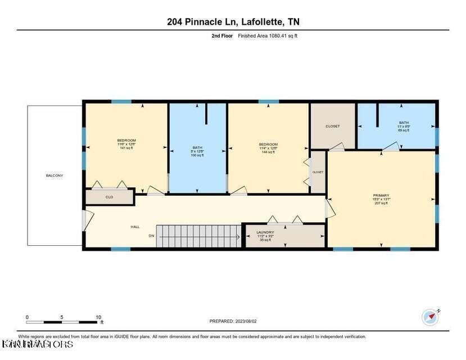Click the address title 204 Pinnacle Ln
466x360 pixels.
233,22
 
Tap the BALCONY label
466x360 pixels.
55,175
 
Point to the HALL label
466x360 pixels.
135,227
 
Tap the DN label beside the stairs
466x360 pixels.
151,236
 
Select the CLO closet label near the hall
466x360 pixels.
109,197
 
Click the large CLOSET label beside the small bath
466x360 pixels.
333,126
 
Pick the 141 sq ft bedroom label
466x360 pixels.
126,144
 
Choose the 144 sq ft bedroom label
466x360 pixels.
268,148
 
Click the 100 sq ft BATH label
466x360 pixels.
198,151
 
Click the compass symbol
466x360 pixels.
430,317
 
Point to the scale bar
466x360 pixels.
63,321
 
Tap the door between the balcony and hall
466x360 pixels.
84,219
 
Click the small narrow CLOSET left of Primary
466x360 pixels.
318,172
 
